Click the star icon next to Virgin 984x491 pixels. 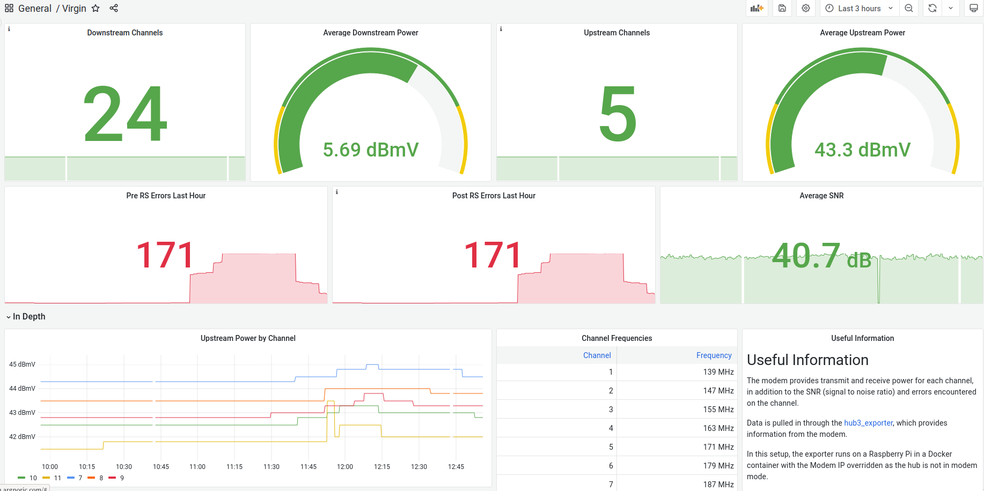click(x=96, y=8)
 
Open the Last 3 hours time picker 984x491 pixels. click(x=859, y=9)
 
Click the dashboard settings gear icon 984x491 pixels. click(x=806, y=8)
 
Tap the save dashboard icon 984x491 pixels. click(x=782, y=8)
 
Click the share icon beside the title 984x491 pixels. click(x=114, y=8)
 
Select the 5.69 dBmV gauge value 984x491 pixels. click(x=371, y=150)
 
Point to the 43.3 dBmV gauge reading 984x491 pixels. click(x=862, y=150)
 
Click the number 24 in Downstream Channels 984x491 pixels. click(x=126, y=114)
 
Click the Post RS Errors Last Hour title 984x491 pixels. click(x=494, y=196)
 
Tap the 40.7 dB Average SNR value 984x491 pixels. click(x=821, y=256)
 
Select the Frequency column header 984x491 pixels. click(x=714, y=355)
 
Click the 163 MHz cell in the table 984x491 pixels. click(x=718, y=428)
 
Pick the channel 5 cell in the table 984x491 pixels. click(x=611, y=447)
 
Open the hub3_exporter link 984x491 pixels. click(x=868, y=423)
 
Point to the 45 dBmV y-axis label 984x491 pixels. click(x=22, y=364)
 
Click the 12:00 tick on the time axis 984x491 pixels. click(x=345, y=467)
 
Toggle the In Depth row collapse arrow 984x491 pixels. click(x=9, y=317)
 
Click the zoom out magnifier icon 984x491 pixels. click(x=909, y=8)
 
